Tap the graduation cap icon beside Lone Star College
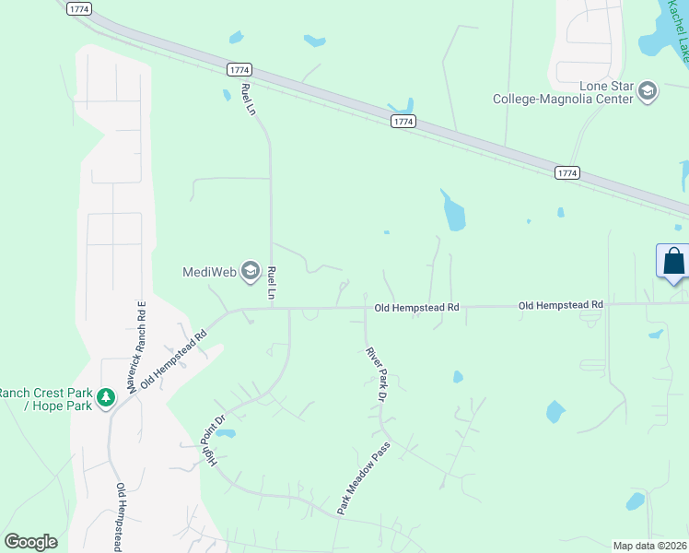click(x=648, y=91)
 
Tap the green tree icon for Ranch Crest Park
click(x=107, y=398)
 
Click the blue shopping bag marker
click(x=673, y=261)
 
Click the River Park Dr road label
click(x=375, y=374)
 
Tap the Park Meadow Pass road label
click(x=364, y=477)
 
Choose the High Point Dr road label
click(x=217, y=440)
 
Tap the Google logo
click(x=30, y=542)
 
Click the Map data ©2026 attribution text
click(x=649, y=546)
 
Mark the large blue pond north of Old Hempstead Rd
click(x=453, y=213)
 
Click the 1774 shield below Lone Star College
click(x=567, y=172)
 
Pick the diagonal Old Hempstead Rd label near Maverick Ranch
click(x=172, y=353)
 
